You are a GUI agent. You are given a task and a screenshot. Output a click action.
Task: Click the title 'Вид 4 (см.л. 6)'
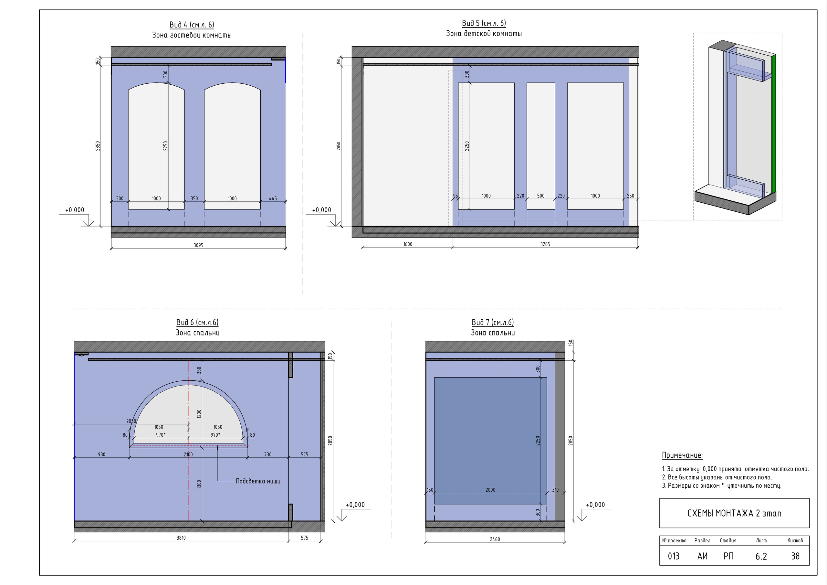[x=192, y=25]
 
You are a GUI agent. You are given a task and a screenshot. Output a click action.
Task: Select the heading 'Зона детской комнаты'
[x=484, y=34]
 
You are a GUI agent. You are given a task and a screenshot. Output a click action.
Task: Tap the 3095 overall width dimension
[x=198, y=245]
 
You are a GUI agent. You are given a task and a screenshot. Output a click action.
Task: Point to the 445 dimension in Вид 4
[x=273, y=198]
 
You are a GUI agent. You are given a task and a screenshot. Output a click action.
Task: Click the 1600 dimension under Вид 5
[x=408, y=244]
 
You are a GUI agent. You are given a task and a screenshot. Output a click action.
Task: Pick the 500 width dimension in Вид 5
[x=541, y=196]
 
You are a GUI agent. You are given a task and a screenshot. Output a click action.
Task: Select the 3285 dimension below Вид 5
[x=545, y=244]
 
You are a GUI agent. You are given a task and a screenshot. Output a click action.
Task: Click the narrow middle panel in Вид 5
[x=541, y=146]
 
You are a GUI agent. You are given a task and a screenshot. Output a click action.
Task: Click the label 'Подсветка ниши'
[x=258, y=481]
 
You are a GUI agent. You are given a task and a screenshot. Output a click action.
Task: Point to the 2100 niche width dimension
[x=188, y=455]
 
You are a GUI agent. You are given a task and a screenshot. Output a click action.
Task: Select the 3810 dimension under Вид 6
[x=181, y=538]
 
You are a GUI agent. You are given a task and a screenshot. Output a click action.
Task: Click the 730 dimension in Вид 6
[x=267, y=455]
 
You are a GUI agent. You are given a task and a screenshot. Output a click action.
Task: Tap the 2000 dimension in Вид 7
[x=490, y=490]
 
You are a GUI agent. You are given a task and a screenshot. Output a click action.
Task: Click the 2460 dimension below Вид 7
[x=495, y=539]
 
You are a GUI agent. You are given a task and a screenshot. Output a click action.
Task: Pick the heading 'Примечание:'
[x=682, y=456]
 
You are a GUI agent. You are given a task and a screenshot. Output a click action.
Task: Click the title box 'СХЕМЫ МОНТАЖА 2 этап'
[x=734, y=513]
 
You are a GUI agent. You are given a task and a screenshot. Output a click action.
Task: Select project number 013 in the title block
[x=674, y=556]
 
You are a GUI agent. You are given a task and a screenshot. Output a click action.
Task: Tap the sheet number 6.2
[x=761, y=557]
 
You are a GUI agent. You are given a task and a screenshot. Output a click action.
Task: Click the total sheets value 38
[x=795, y=556]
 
